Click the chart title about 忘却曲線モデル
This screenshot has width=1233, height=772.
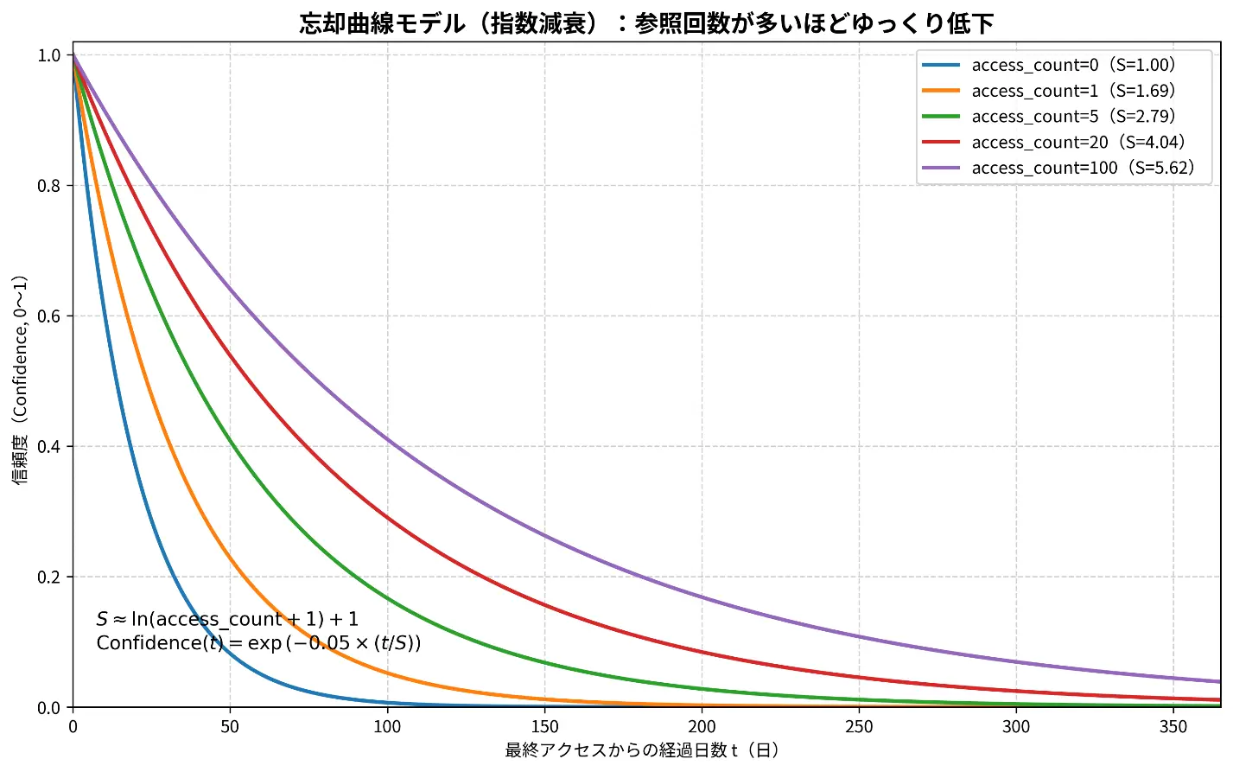[646, 23]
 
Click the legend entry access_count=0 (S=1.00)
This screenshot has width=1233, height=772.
[1073, 65]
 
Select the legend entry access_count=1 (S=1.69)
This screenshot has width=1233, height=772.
[1073, 91]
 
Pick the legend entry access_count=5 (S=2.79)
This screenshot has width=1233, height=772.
[1073, 117]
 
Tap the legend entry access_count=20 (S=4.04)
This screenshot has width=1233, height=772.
[1077, 142]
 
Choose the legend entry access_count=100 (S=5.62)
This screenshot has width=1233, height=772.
[1083, 168]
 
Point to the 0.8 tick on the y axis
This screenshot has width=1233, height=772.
[49, 186]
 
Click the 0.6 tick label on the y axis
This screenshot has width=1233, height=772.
[49, 316]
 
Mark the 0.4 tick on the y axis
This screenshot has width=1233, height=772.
[49, 447]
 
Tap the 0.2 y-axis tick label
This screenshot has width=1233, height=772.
[49, 577]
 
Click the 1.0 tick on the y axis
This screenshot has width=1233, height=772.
[49, 55]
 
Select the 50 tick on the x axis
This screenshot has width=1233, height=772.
[230, 726]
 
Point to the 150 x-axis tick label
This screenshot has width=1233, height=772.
[544, 726]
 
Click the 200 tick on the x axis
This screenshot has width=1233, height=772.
[702, 726]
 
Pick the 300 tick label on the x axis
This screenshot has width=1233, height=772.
[1016, 726]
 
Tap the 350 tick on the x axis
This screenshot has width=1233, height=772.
[1173, 726]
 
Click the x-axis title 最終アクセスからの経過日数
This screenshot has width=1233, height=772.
[643, 750]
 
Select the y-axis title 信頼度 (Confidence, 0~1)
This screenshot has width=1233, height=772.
[20, 380]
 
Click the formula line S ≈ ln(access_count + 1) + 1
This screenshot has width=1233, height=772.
[227, 619]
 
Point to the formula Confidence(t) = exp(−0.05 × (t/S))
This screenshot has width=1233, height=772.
[258, 643]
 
